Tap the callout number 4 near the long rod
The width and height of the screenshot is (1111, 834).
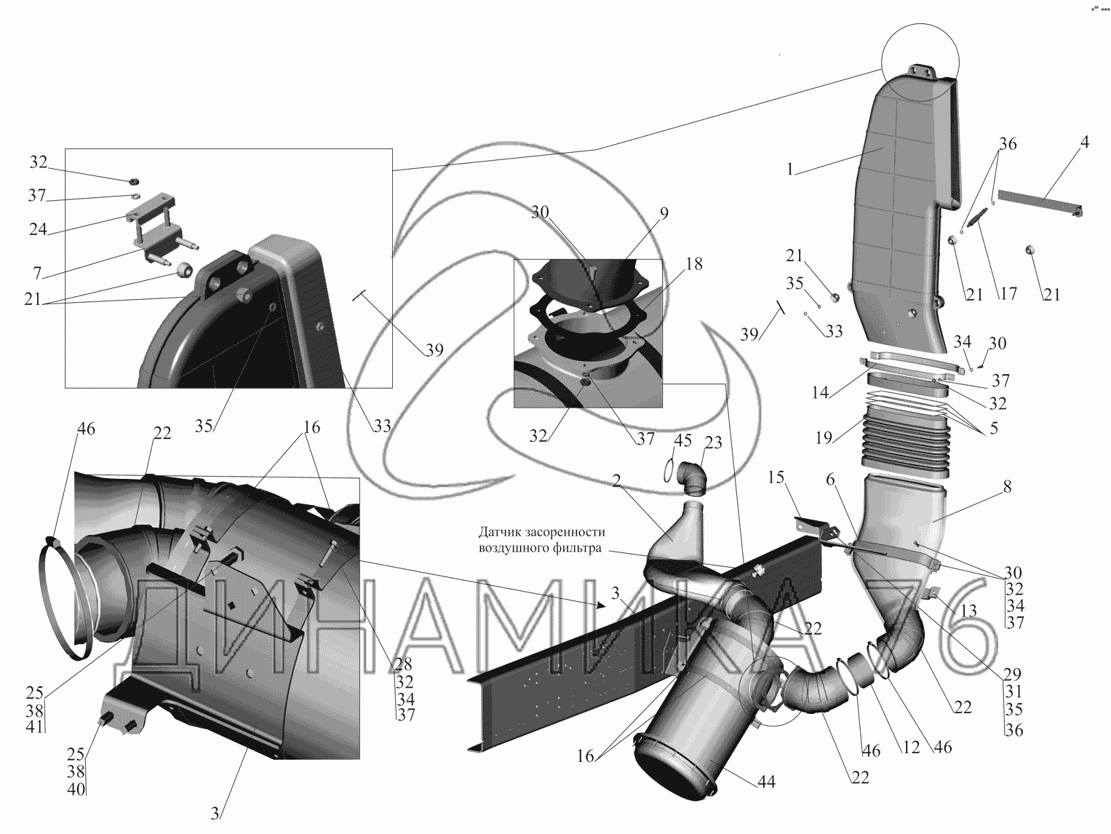tap(1083, 143)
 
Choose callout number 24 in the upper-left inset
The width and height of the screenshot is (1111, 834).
tap(38, 229)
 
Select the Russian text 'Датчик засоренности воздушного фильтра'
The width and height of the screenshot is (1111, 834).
tap(541, 540)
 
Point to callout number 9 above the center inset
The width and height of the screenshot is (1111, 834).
tap(664, 213)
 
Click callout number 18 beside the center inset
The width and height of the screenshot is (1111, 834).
tap(694, 264)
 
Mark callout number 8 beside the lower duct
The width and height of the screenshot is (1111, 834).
tap(1006, 488)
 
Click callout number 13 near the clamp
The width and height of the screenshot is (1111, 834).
tap(968, 611)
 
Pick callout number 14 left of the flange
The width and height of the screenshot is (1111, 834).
tap(820, 393)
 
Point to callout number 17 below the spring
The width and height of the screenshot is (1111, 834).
tap(1007, 295)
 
